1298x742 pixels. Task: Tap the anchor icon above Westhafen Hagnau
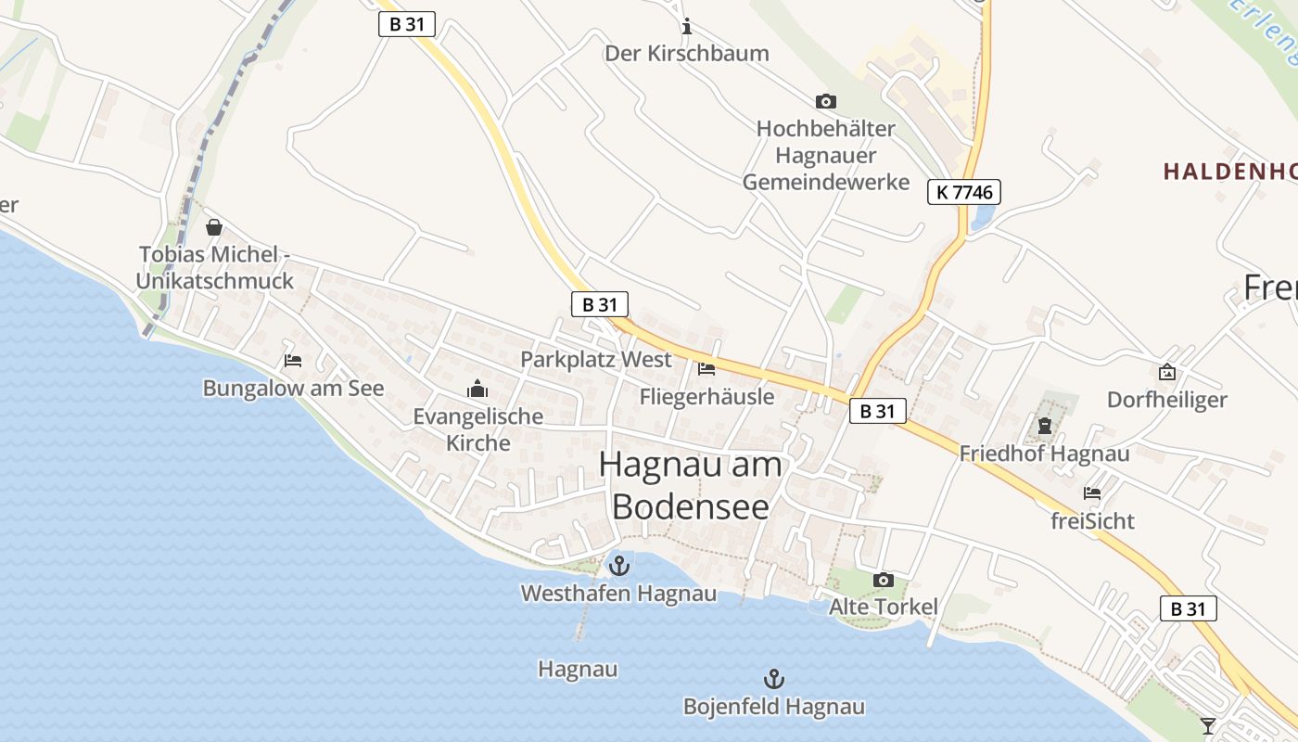coord(618,565)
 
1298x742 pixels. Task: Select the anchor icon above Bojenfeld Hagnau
coord(773,679)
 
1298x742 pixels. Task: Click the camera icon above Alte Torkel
coord(884,580)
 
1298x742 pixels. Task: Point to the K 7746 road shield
coord(964,192)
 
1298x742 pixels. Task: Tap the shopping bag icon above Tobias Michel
coord(214,227)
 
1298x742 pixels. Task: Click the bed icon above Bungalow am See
coord(293,361)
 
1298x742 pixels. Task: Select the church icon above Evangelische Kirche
coord(477,389)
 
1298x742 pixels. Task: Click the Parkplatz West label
coord(596,359)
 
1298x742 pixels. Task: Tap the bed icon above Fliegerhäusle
coord(706,369)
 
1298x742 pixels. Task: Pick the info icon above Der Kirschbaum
coord(686,26)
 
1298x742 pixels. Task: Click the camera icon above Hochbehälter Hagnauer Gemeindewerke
coord(825,101)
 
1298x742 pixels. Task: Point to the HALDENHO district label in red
coord(1229,171)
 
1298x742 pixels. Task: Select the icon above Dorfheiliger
coord(1166,372)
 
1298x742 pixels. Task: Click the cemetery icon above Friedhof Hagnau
coord(1045,426)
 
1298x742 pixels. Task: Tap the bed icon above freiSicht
coord(1092,493)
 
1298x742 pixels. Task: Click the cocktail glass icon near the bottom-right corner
coord(1207,724)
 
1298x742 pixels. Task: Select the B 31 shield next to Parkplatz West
coord(599,303)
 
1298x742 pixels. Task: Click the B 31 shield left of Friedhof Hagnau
coord(877,410)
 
